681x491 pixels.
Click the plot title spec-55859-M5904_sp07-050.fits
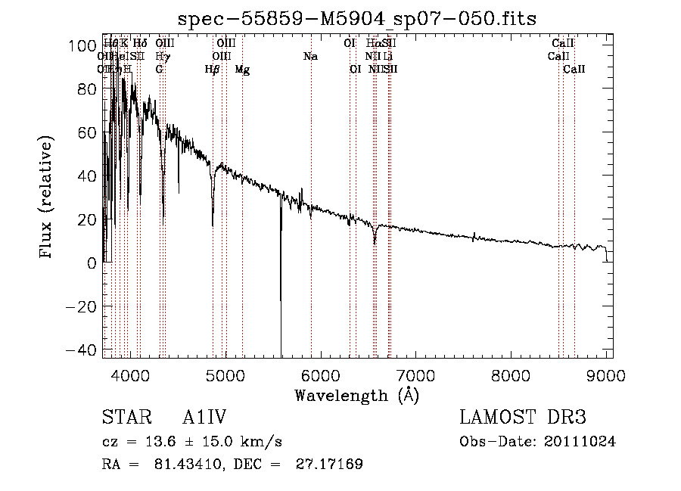pos(356,19)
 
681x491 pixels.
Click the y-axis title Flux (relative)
pos(47,198)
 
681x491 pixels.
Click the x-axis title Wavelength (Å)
pos(356,395)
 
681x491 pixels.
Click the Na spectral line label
pos(310,57)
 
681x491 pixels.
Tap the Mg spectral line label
pos(242,70)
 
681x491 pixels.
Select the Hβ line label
pos(213,70)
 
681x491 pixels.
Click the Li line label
pos(388,57)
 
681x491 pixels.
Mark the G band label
pos(159,70)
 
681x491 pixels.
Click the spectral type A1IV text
pos(206,418)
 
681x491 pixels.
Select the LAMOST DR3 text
pos(523,418)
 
